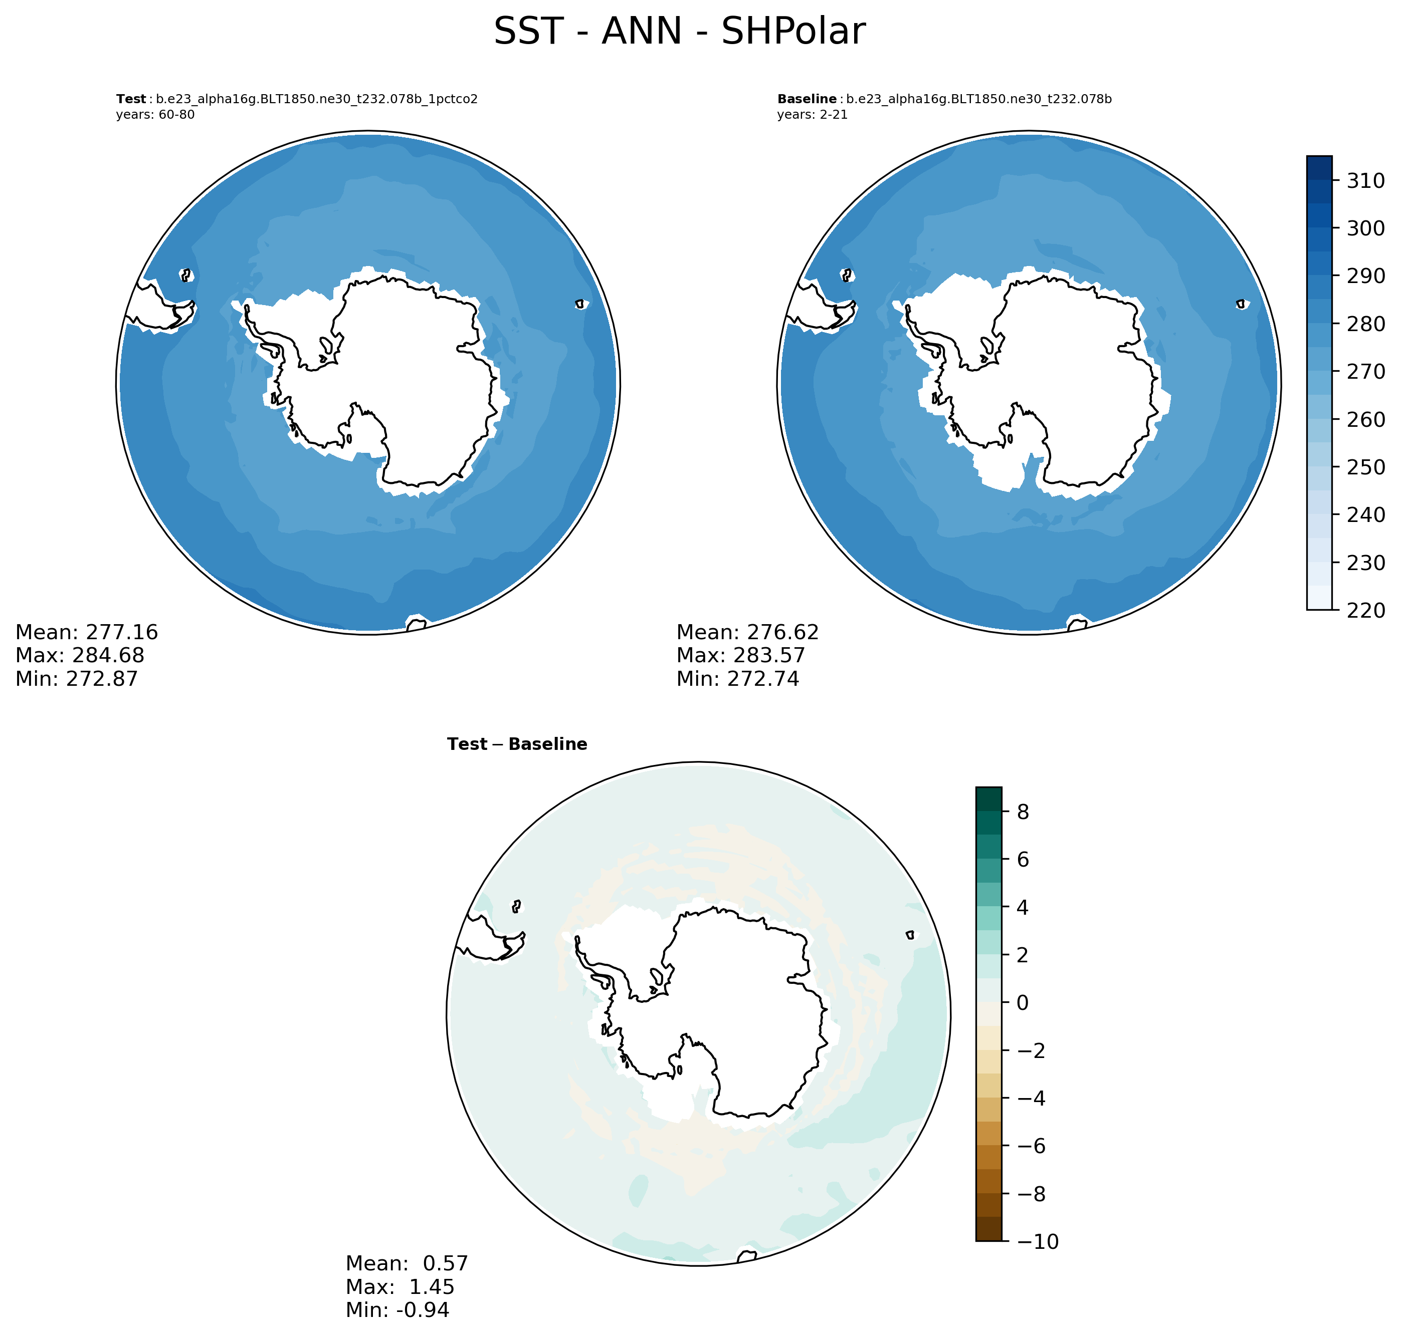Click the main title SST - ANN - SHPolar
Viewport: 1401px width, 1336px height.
coord(679,32)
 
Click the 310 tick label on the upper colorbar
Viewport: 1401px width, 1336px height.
coord(1365,181)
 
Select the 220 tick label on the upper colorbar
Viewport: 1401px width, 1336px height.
coord(1365,610)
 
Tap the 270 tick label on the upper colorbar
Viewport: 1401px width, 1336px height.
coord(1365,372)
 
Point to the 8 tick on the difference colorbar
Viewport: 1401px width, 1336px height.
coord(1023,812)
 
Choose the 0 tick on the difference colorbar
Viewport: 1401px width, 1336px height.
coord(1023,1003)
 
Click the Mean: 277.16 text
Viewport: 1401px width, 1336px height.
coord(87,632)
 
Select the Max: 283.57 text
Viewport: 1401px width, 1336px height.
coord(741,655)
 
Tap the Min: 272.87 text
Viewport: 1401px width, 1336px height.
coord(77,679)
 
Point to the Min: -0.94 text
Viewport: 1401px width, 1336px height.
coord(397,1309)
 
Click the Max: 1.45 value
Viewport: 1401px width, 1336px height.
coord(400,1287)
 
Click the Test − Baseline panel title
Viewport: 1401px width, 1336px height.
coord(517,744)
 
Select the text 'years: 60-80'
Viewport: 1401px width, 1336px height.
coord(155,115)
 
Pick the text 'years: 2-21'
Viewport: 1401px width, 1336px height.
coord(813,115)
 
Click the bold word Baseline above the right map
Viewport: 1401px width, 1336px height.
coord(807,99)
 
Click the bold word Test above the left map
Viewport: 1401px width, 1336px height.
coord(131,99)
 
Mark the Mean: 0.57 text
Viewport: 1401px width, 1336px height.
coord(407,1263)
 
